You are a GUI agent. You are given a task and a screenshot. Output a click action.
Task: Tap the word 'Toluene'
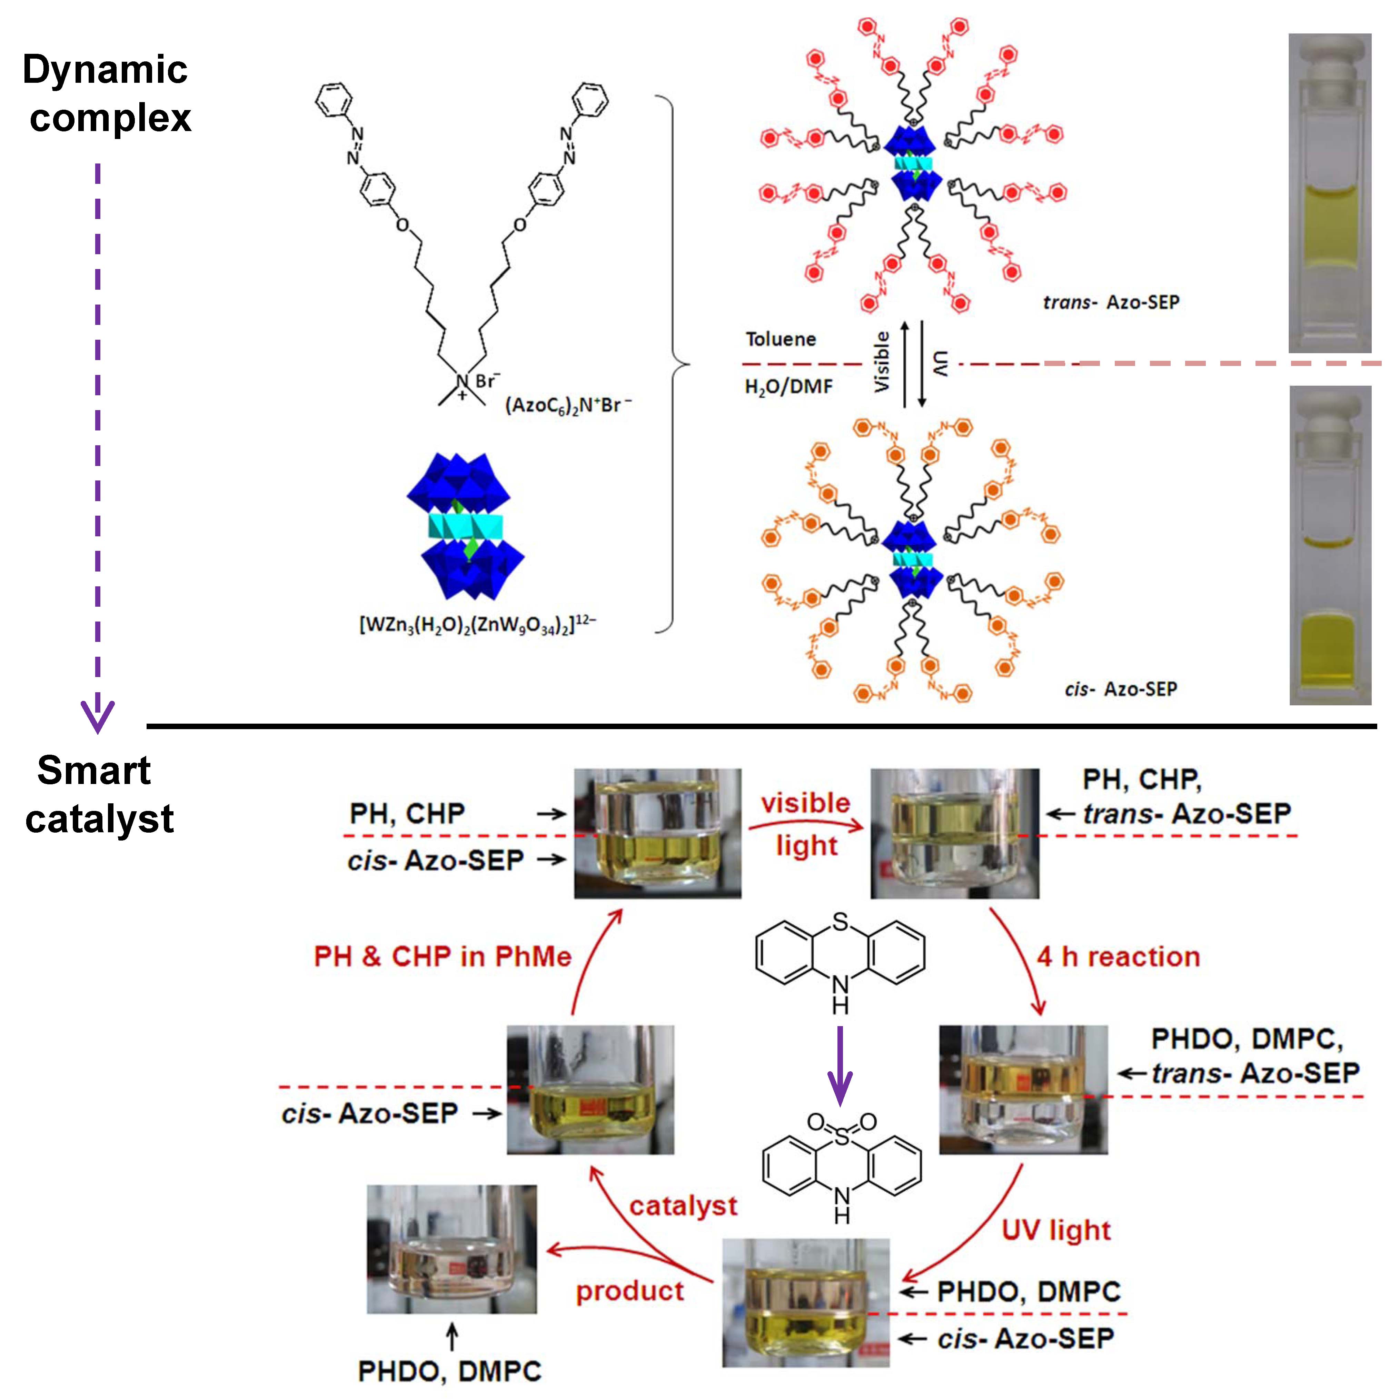[x=781, y=339]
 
